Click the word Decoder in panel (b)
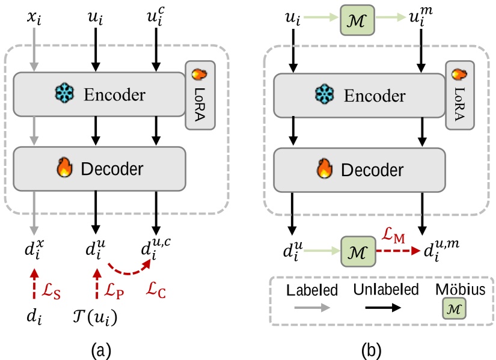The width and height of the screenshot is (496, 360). (x=371, y=169)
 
